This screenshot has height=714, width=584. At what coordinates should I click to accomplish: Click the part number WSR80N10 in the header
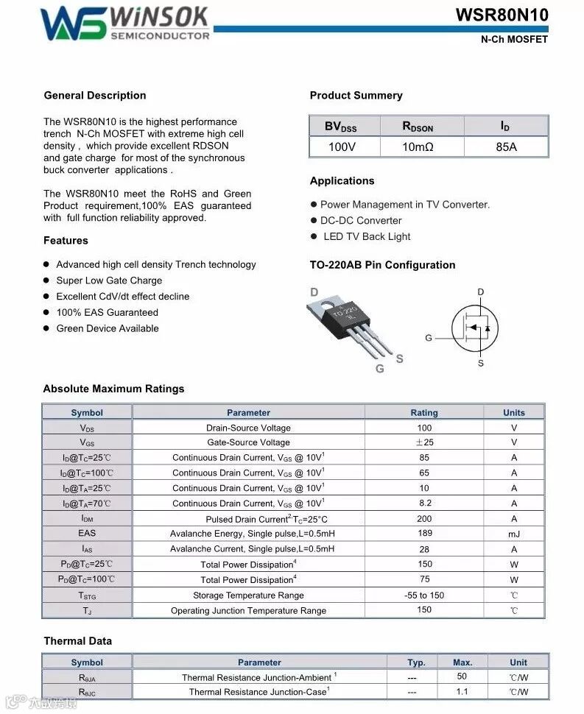coord(502,15)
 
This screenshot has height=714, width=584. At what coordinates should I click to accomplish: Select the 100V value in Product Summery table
coord(342,147)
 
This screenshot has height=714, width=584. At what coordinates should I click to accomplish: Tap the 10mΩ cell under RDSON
coord(418,147)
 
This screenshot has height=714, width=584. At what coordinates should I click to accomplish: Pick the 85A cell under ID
coord(506,147)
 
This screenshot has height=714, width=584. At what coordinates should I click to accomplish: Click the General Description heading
coord(95,96)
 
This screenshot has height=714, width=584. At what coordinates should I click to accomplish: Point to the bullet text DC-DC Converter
coord(361,221)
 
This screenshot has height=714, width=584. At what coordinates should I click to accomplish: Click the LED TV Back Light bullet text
coord(367,237)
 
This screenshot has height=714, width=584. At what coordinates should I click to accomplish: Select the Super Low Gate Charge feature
coord(109,280)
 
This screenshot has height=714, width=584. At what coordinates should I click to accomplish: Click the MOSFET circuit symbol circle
coord(475,328)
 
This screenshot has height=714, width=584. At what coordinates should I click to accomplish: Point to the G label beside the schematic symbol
coord(429,338)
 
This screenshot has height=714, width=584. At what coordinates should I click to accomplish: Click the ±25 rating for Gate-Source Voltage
coord(424,442)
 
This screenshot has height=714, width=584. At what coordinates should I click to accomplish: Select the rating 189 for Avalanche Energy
coord(424,534)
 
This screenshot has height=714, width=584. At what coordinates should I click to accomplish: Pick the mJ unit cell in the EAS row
coord(514,534)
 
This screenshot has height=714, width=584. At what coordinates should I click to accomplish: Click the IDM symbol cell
coord(87,518)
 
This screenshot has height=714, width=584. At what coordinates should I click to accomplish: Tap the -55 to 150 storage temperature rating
coord(424,595)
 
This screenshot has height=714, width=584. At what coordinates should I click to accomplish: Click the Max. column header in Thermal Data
coord(462,662)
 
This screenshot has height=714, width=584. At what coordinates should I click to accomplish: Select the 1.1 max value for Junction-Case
coord(462,692)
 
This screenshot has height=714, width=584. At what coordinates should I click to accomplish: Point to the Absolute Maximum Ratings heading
coord(113,389)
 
